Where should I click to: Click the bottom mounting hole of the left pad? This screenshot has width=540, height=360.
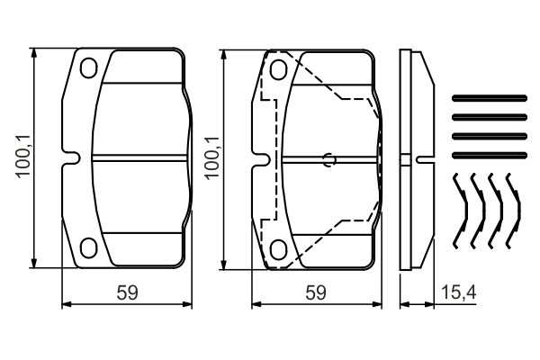coord(88,247)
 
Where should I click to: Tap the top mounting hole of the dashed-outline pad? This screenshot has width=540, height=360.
coord(278,69)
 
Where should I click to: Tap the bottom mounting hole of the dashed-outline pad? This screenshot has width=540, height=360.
coord(278,247)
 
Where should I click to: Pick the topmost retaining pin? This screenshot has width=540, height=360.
coord(487,97)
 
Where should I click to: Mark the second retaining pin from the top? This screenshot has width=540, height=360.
coord(487,115)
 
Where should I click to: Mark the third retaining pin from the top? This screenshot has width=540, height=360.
coord(487,133)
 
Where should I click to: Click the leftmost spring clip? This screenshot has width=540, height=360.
coord(460,211)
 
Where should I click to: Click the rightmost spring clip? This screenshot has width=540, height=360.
coord(512,211)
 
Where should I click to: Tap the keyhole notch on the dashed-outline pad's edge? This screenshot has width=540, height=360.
coord(261,159)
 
